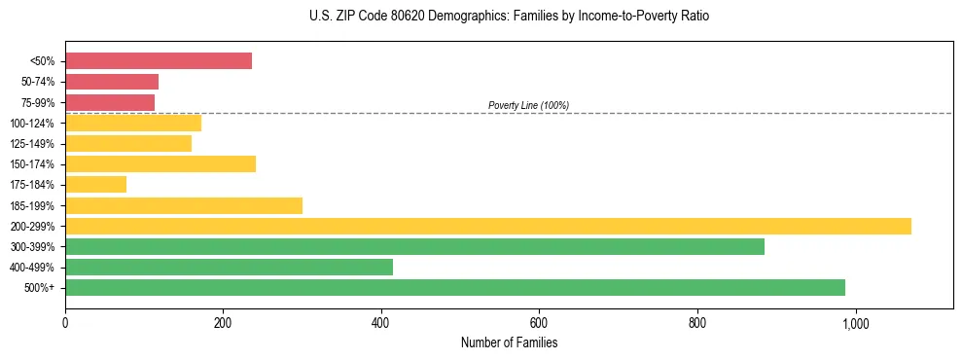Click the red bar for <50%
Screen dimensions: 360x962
159,61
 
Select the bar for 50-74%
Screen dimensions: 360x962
112,82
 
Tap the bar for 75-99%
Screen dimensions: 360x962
110,102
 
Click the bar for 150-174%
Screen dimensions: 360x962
160,164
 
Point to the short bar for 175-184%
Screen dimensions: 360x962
95,185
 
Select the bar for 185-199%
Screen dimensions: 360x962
184,205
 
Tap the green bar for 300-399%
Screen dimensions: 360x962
414,247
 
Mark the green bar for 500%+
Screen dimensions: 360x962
455,288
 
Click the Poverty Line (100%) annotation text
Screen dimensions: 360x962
528,105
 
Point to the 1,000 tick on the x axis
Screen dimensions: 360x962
856,323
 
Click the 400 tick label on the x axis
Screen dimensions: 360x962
381,323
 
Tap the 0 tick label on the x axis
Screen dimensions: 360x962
65,323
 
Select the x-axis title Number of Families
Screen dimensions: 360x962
509,342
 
